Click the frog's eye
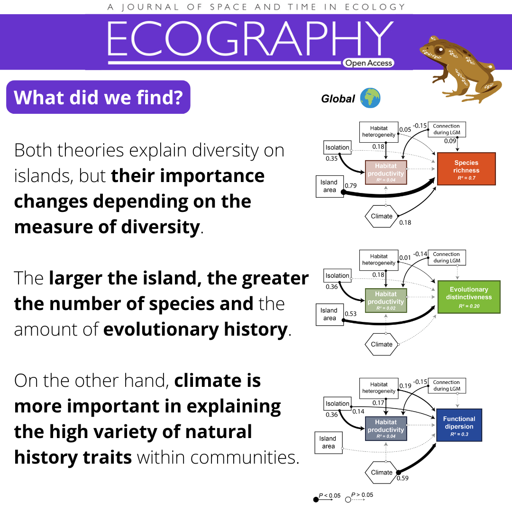pos(439,51)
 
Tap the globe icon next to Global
pos(370,98)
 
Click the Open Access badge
pos(368,63)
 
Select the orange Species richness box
pos(466,169)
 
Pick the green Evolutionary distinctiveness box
pos(469,297)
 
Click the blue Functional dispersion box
pos(459,425)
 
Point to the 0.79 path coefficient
pos(351,185)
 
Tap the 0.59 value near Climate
pos(402,478)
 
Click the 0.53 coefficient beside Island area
pos(351,314)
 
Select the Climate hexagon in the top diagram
pos(381,216)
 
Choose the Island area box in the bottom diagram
pos(329,442)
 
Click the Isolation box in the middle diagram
pos(338,275)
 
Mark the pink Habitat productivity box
pos(385,173)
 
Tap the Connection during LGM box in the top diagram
pos(447,129)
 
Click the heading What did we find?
pos(98,97)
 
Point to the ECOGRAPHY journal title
pos(250,38)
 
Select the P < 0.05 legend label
pos(329,496)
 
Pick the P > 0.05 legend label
pos(362,495)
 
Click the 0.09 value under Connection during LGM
pos(450,141)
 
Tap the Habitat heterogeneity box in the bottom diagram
pos(379,388)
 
